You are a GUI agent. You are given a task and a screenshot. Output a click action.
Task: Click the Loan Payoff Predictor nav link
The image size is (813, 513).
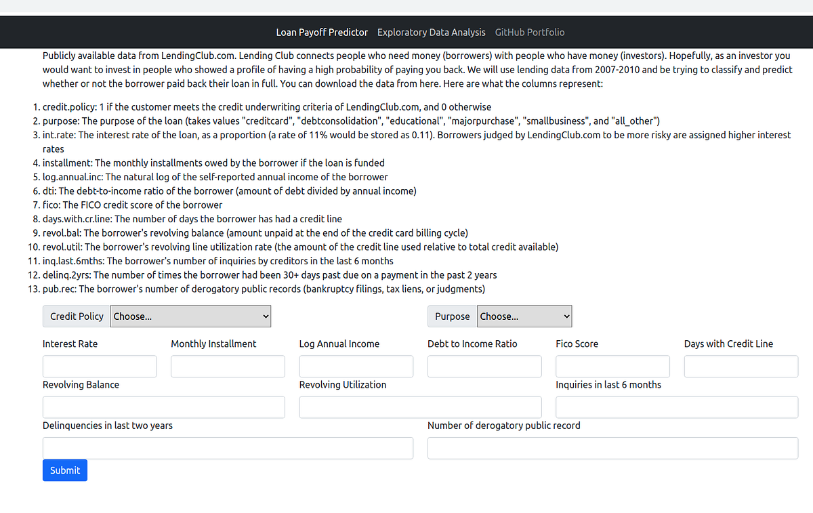tap(322, 33)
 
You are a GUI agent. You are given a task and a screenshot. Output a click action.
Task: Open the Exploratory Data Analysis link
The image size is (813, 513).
tap(432, 33)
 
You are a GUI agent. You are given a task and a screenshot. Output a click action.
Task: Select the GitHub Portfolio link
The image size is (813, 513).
tap(530, 33)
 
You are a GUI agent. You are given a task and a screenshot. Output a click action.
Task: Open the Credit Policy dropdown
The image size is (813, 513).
tap(191, 316)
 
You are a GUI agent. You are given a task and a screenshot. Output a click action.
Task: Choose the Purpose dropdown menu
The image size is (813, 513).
tap(525, 316)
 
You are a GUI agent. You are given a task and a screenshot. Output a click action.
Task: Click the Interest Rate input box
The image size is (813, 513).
tap(100, 367)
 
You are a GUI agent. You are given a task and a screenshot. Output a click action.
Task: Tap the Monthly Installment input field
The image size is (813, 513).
tap(228, 367)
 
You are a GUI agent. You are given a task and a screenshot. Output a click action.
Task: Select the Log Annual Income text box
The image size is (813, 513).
tap(356, 367)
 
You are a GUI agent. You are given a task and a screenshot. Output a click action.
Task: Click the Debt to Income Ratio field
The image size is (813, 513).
tap(484, 367)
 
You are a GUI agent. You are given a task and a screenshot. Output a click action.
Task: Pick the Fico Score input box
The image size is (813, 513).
tap(612, 367)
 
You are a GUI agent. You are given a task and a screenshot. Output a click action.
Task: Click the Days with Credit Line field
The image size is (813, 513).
tap(741, 367)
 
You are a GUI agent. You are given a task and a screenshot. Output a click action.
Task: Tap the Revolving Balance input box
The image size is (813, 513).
tap(163, 407)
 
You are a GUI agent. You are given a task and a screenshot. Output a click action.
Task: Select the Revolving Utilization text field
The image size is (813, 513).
tap(420, 407)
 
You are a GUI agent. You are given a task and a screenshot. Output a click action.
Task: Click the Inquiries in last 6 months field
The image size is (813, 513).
tap(677, 407)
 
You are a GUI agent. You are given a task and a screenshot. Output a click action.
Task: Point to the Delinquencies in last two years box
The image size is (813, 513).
tap(228, 448)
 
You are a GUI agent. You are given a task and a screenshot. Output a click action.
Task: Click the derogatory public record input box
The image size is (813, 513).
tap(612, 448)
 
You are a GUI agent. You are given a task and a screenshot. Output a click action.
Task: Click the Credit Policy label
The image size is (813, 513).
tap(77, 316)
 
